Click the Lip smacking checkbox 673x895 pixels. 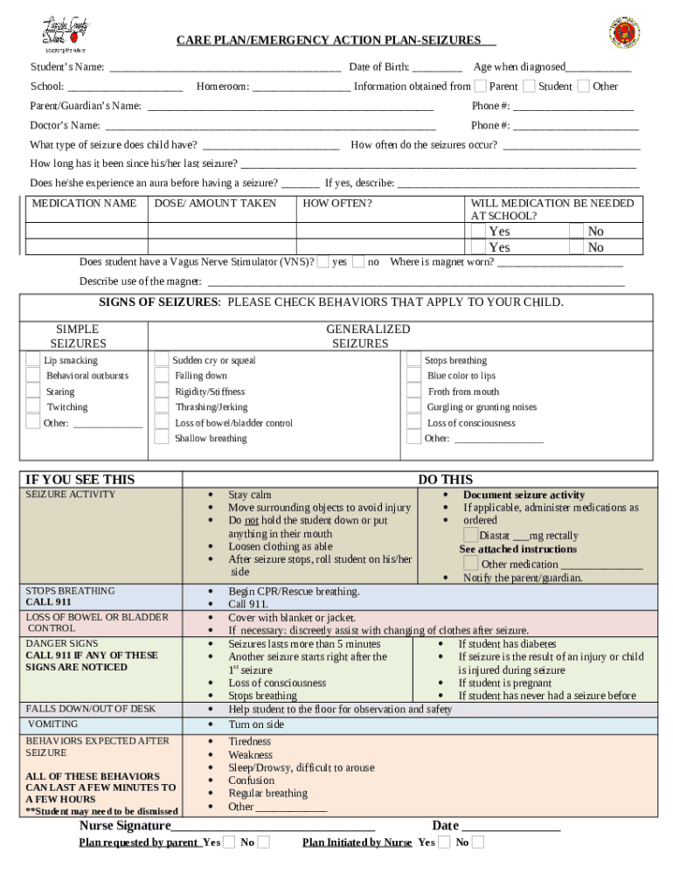coord(32,359)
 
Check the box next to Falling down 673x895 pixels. coord(162,375)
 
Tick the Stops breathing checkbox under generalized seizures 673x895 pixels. coord(413,359)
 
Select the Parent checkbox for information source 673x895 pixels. coord(481,86)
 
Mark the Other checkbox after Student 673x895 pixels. coord(584,86)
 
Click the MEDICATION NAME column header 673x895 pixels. coord(84,204)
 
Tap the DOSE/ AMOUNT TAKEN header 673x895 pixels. coord(215,204)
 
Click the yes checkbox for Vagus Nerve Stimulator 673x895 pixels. coord(323,261)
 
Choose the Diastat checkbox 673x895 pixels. coord(471,535)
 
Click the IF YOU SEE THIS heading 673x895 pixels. coord(80,479)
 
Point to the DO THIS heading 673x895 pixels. coord(445,479)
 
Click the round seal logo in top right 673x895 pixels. coord(624,33)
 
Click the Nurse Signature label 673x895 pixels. coord(125,826)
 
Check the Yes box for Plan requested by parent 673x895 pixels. coord(229,842)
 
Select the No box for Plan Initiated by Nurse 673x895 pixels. coord(478,842)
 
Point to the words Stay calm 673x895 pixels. coord(249,495)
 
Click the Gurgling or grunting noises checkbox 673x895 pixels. coord(413,406)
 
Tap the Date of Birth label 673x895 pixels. coord(379,67)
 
